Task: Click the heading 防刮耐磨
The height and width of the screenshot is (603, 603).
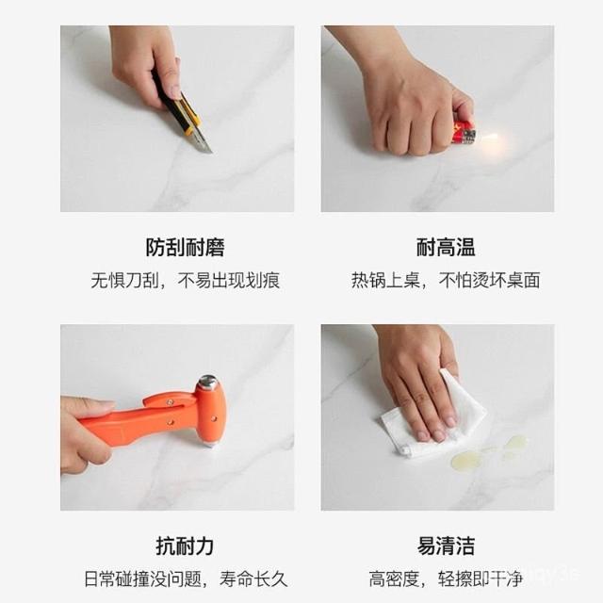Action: point(185,247)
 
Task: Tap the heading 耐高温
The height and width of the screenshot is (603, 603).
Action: point(446,247)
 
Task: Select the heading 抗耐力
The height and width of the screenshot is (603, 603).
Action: point(185,546)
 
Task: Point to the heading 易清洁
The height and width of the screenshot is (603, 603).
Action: point(446,546)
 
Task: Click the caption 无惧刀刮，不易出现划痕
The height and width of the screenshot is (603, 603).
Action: point(185,280)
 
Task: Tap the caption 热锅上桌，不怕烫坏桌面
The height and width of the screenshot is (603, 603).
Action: point(446,280)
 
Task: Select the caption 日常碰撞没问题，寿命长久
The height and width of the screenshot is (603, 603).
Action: point(186,579)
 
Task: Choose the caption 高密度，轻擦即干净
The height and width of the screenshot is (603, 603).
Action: point(446,579)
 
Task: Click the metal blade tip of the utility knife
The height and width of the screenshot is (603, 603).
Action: point(209,151)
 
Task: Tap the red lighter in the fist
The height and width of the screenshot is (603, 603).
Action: point(464,133)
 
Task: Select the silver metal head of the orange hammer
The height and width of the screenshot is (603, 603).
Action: point(208,382)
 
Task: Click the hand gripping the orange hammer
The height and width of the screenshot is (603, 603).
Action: point(87,434)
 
